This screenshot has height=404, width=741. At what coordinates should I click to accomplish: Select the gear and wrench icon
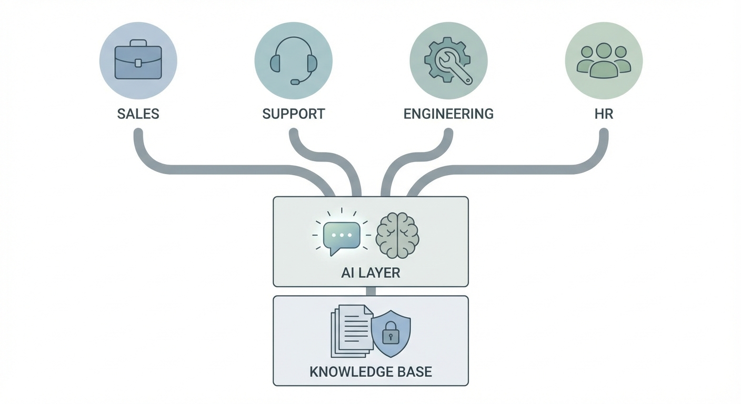[448, 61]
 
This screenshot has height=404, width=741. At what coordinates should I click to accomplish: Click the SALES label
[138, 114]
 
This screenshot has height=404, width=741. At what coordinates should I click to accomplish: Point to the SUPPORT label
[294, 114]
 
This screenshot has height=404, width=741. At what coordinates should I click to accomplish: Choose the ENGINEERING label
[448, 114]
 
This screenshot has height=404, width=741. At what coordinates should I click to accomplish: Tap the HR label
[604, 114]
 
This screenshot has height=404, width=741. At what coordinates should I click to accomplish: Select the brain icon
[397, 235]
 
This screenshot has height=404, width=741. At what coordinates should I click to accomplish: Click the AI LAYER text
[370, 273]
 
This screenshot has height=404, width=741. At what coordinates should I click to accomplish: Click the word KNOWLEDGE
[348, 372]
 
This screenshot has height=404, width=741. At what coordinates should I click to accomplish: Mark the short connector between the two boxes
[370, 291]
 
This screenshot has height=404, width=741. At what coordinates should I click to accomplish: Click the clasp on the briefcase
[138, 63]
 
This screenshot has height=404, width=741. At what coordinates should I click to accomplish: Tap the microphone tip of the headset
[295, 82]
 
